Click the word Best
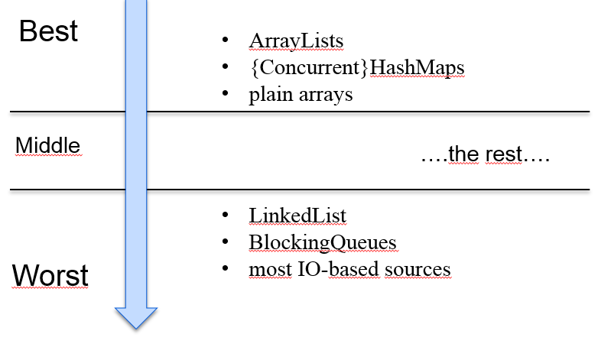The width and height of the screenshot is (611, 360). tap(48, 31)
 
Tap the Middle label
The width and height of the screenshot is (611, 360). tap(47, 145)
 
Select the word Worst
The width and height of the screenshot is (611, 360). tap(50, 275)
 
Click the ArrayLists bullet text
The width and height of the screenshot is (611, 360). tap(295, 41)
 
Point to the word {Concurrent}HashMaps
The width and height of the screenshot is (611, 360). tap(356, 68)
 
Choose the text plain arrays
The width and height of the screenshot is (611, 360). tap(301, 96)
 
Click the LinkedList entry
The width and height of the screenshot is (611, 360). tap(297, 216)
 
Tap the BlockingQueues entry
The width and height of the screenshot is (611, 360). tap(322, 243)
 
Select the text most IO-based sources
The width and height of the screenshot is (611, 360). tap(349, 270)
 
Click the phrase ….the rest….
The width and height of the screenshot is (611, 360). tap(485, 154)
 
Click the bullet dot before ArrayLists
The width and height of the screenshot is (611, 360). tap(225, 41)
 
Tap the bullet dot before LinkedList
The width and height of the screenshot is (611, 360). tap(225, 216)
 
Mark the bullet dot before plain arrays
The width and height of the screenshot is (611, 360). tap(225, 95)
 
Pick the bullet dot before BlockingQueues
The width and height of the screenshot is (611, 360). tap(225, 242)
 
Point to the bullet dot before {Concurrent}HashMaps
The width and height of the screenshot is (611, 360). tap(225, 68)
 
